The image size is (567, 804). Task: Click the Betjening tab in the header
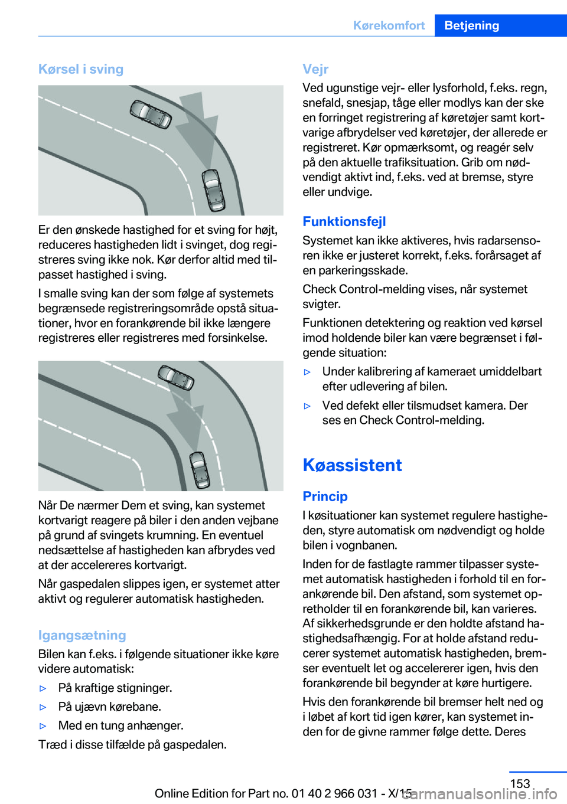[471, 25]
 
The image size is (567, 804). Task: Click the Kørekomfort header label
[389, 25]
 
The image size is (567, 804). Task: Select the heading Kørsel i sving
[81, 69]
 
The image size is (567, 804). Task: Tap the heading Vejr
[315, 69]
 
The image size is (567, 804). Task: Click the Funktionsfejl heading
[344, 221]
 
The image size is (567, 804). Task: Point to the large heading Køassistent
[352, 465]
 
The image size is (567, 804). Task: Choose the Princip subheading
[325, 496]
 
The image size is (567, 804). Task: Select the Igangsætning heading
[82, 635]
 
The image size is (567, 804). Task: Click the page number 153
[520, 783]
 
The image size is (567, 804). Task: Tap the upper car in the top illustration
[151, 114]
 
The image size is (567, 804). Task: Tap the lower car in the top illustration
[213, 189]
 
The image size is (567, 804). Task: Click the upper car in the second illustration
[175, 377]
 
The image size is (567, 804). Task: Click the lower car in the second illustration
[200, 470]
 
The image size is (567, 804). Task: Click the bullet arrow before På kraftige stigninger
[43, 688]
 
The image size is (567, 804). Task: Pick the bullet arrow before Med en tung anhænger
[43, 726]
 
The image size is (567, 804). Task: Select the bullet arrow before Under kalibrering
[307, 372]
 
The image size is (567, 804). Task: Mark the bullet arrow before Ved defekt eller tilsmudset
[307, 406]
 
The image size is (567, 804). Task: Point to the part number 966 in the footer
[345, 793]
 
